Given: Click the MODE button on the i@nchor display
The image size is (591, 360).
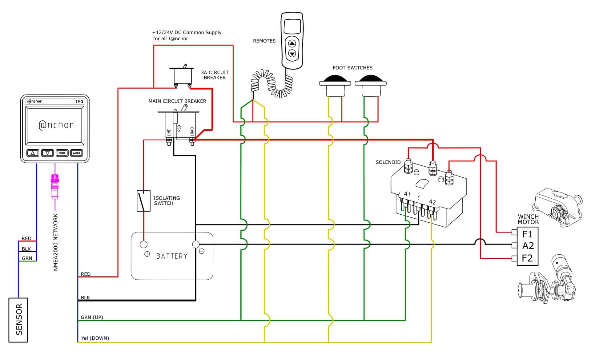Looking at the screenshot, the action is tap(62, 153).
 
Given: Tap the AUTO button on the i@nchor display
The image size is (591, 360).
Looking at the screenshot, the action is tap(77, 153).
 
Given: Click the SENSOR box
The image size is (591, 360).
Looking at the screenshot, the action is tap(18, 320).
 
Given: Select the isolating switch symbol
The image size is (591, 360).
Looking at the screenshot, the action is tap(143, 201).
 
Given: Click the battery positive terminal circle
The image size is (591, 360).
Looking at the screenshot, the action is tap(144, 245).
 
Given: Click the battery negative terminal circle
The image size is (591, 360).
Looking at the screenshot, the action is tap(196, 245).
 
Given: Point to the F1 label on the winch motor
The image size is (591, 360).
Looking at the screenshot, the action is tap(527, 234).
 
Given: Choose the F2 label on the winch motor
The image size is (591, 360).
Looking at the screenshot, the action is tap(527, 258).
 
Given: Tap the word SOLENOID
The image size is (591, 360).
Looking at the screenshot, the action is tap(388, 162).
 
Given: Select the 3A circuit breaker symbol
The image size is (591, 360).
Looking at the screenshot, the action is tap(182, 76).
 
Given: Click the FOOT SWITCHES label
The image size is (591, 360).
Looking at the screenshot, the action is tap(352, 68).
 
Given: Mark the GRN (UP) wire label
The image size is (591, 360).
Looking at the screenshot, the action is tap(92, 317).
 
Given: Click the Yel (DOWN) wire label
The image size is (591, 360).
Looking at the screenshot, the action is tap(95, 338).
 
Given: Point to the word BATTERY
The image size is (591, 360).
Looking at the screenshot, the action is tap(172, 256).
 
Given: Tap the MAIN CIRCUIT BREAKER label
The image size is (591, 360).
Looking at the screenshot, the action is tap(177, 101).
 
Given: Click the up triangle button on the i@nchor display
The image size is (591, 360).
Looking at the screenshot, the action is tap(33, 153).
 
